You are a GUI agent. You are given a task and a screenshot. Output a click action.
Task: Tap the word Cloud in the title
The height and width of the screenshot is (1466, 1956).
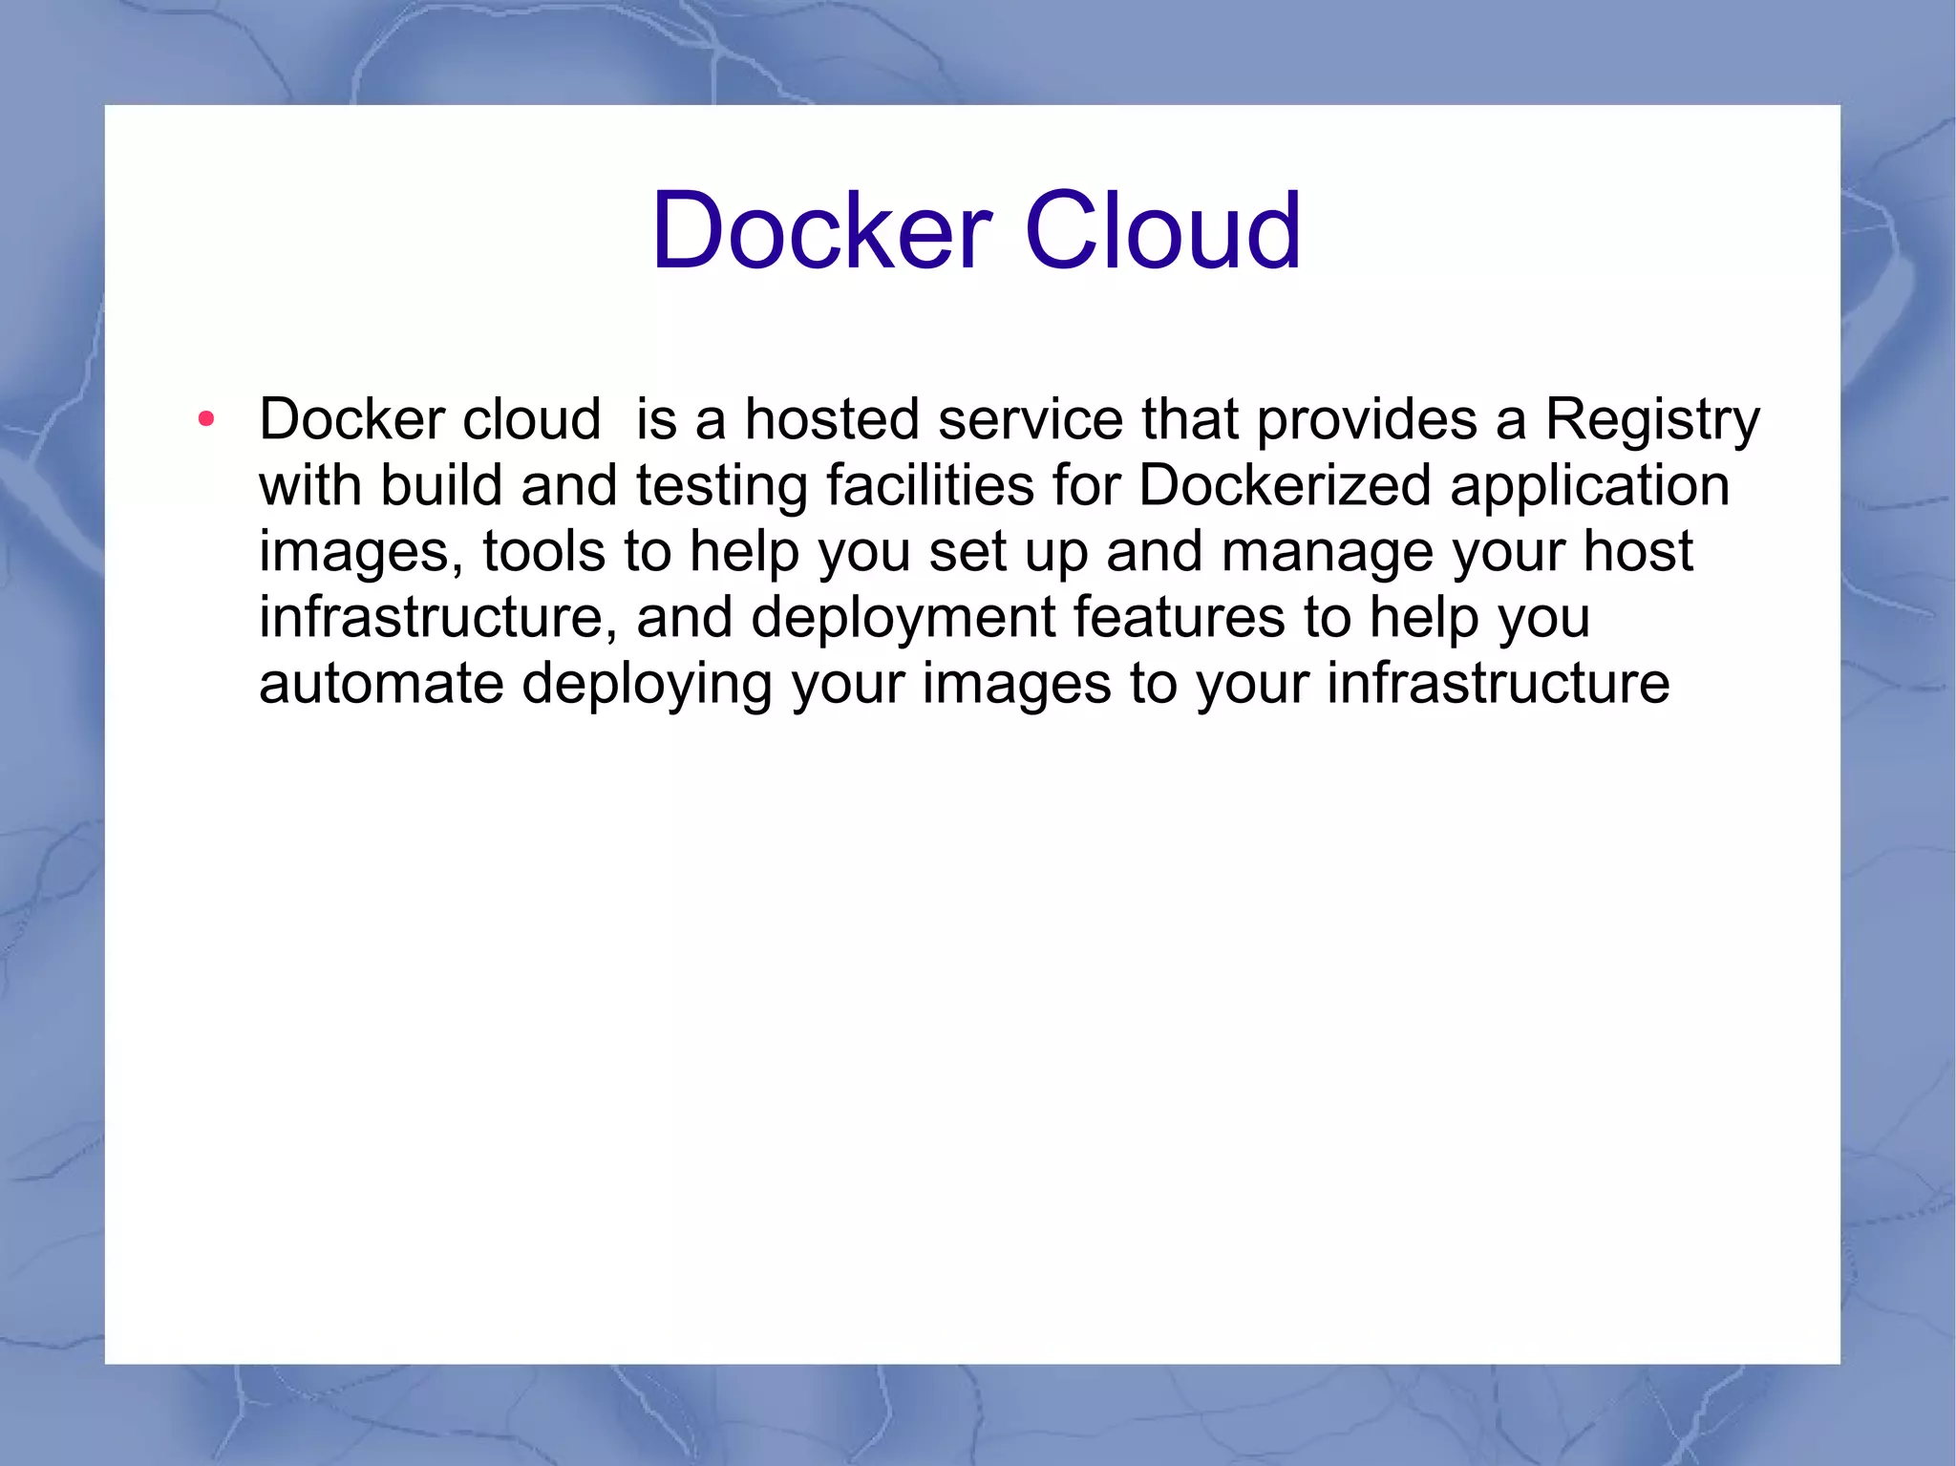pyautogui.click(x=1162, y=231)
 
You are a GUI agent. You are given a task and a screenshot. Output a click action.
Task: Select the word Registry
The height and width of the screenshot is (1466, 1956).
pyautogui.click(x=1652, y=420)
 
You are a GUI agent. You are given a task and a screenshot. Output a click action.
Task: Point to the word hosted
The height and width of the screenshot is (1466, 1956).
pyautogui.click(x=832, y=419)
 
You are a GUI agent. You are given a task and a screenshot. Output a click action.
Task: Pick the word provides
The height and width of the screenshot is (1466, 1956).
pyautogui.click(x=1367, y=420)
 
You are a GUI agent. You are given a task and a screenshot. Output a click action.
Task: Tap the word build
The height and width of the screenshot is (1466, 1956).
pyautogui.click(x=441, y=485)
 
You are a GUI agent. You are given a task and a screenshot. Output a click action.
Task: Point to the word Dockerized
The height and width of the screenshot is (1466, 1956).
pyautogui.click(x=1285, y=485)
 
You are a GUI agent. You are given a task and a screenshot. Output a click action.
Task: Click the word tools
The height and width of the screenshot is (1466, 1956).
pyautogui.click(x=543, y=551)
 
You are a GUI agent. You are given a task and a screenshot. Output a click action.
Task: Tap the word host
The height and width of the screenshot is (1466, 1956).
pyautogui.click(x=1638, y=551)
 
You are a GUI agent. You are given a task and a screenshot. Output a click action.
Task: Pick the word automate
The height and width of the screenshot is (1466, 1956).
pyautogui.click(x=381, y=684)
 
